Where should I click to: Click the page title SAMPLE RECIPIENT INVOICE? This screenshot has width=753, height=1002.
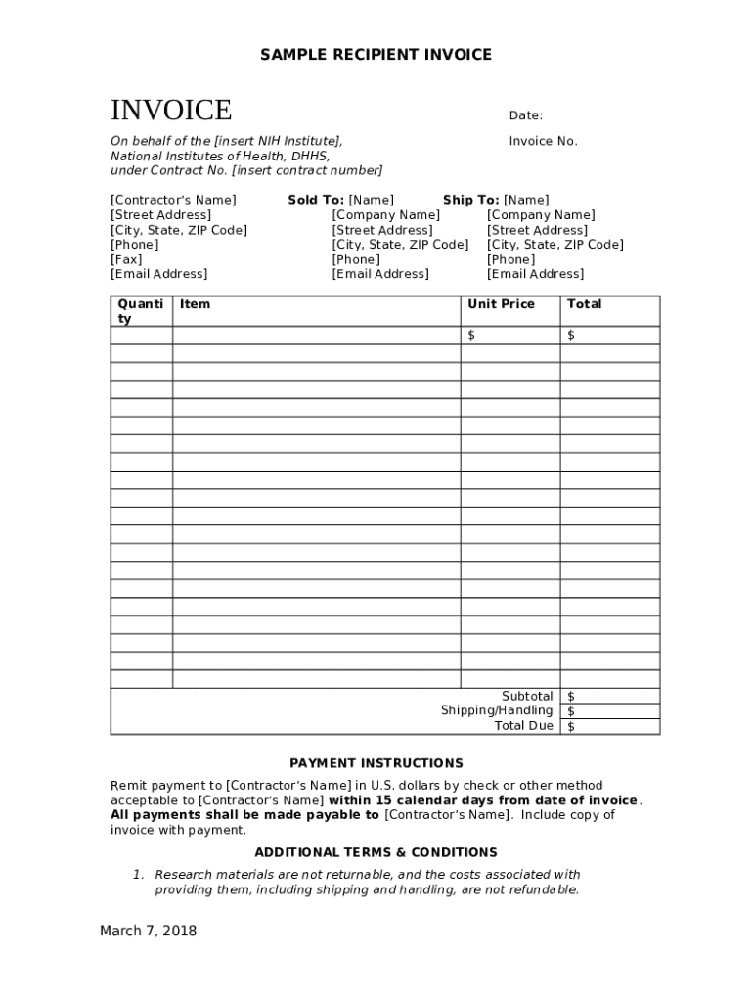tap(376, 55)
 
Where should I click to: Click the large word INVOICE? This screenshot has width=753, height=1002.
tap(171, 110)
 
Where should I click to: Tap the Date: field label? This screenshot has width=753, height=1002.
tap(525, 115)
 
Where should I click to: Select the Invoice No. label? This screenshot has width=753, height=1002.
tap(543, 141)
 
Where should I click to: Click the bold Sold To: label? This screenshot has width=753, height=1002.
tap(316, 200)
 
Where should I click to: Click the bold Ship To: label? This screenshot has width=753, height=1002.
tap(470, 200)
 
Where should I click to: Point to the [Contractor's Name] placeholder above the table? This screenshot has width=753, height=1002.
tap(173, 200)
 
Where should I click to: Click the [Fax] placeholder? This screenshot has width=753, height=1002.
tap(126, 259)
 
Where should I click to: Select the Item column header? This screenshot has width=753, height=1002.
tap(195, 304)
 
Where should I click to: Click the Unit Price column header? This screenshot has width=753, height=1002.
tap(501, 304)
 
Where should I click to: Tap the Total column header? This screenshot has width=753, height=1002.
tap(584, 304)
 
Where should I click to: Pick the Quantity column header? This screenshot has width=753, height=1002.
tap(141, 311)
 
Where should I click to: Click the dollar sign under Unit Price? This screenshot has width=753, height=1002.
tap(471, 336)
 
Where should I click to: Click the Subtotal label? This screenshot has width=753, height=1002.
tap(527, 696)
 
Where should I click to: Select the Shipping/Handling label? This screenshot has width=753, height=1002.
tap(496, 710)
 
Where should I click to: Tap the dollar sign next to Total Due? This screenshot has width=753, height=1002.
tap(571, 727)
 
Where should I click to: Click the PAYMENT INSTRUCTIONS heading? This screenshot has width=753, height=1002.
tap(376, 763)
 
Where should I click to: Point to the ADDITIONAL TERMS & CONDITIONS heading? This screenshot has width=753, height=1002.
tap(376, 852)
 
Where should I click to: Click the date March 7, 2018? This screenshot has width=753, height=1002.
tap(148, 931)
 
